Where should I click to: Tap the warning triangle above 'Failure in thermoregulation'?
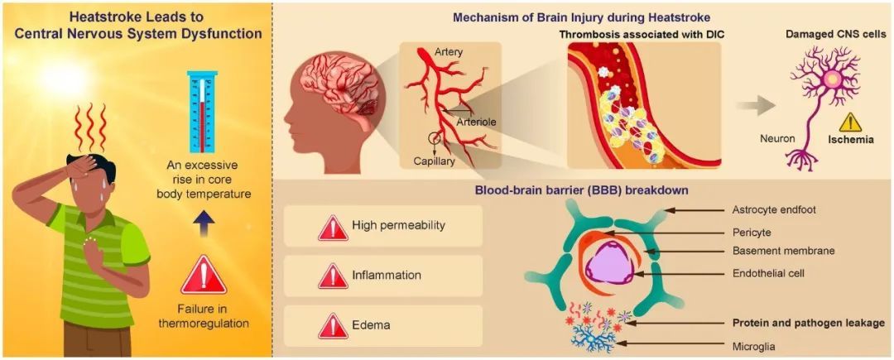coord(203,276)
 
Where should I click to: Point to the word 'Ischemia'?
coord(848,140)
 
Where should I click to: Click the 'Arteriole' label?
coord(478,122)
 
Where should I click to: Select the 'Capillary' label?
coord(435,161)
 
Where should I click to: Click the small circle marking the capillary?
coord(433,138)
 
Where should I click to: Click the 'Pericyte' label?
coord(754,234)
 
